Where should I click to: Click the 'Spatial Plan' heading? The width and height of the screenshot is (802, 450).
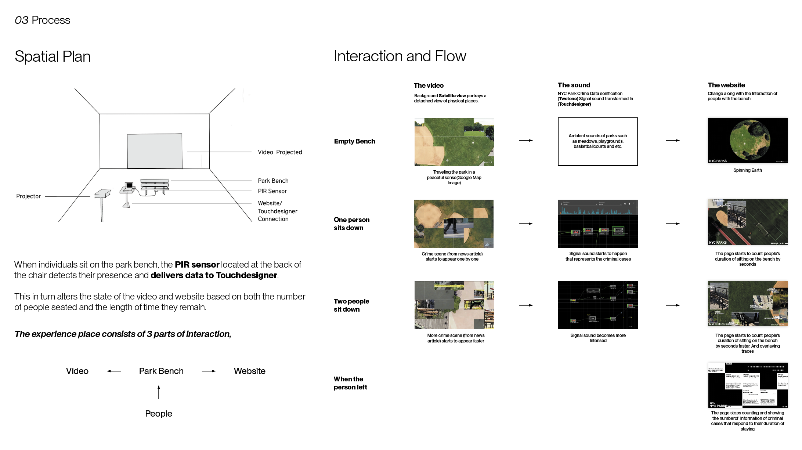coord(53,57)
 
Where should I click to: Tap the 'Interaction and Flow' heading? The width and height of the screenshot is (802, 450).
coord(400,56)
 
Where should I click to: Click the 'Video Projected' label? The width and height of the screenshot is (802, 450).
coord(280,152)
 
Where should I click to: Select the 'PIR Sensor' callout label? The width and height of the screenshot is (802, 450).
coord(272,191)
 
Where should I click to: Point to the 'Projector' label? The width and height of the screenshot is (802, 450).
coord(28,196)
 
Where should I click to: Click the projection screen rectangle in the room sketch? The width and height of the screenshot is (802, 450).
coord(155,151)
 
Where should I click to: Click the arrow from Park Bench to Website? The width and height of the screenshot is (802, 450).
coord(209,371)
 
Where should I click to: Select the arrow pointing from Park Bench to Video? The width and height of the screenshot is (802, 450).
coord(114,371)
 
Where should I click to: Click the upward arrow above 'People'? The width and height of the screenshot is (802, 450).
coord(159,392)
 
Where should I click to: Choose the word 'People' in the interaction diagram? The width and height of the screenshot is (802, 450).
coord(158,414)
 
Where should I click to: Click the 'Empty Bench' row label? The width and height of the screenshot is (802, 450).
coord(354,141)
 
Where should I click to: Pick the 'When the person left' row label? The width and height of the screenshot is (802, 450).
coord(350,383)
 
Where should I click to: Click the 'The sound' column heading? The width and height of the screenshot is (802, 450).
coord(574,85)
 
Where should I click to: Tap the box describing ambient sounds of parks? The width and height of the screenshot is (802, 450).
coord(597,141)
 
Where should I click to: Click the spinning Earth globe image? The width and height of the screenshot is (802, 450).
coord(748,140)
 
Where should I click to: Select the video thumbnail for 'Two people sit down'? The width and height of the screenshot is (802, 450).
coord(454,305)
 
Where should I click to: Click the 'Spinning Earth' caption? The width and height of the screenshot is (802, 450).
coord(747,170)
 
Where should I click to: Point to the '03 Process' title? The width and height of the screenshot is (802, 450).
coord(42,20)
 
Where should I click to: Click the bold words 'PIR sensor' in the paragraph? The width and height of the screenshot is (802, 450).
coord(197,265)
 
